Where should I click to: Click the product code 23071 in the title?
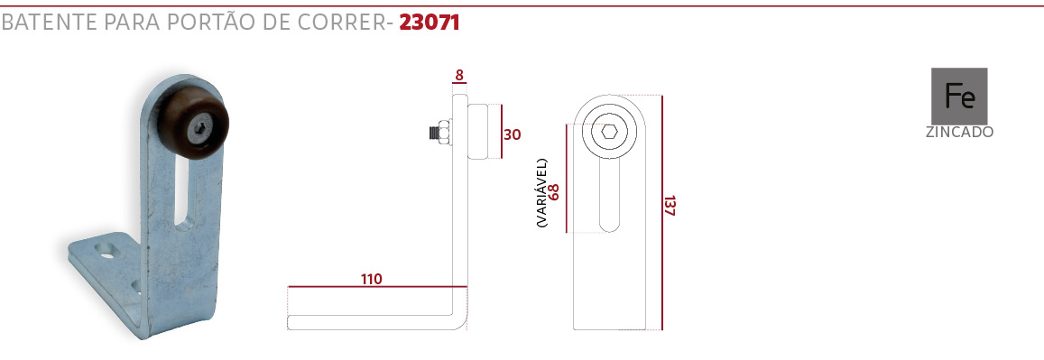coord(430,22)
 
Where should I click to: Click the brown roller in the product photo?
coord(193,122)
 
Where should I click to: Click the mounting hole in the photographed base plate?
coord(106,252)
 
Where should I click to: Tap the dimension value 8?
coord(458,75)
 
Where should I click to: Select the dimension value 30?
coord(512,134)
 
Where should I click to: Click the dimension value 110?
coord(372,279)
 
